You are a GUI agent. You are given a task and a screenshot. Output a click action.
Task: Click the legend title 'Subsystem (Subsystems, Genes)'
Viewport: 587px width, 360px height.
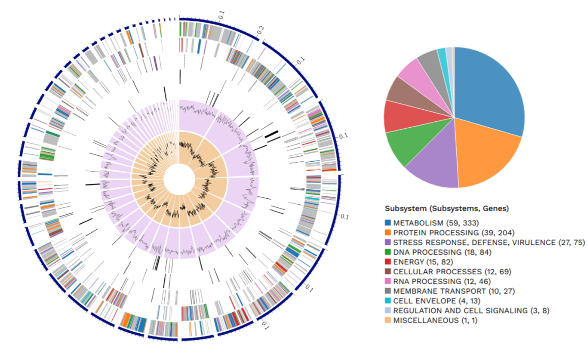[447, 209]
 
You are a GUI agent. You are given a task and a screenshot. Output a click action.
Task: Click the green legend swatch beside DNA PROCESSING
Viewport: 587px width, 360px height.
[388, 252]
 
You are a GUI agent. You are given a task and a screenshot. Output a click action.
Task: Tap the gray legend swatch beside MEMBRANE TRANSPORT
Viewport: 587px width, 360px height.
[388, 291]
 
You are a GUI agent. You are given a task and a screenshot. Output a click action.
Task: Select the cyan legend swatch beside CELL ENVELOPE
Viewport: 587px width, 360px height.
[388, 301]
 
